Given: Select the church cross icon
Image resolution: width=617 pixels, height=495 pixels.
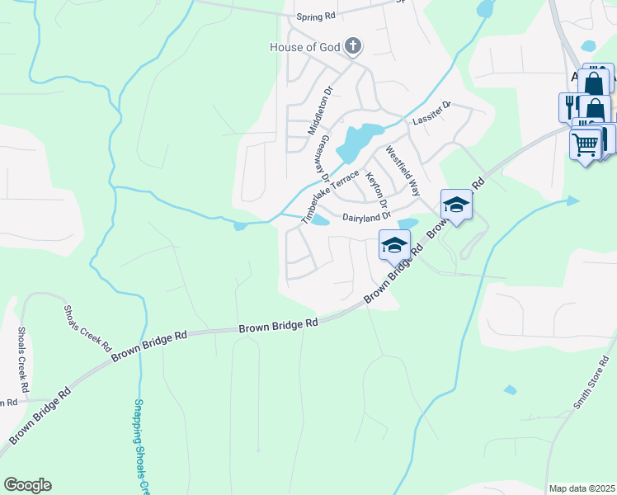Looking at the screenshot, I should (352, 45).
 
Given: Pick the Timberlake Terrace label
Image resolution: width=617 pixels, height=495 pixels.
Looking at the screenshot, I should (330, 197).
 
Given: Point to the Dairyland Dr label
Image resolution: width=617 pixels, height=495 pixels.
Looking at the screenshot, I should (365, 217).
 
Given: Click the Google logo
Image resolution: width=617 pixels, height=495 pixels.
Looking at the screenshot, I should (27, 485).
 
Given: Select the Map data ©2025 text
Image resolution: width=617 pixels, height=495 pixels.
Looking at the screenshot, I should (582, 488).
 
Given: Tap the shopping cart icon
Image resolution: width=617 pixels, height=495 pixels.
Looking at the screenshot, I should (586, 144).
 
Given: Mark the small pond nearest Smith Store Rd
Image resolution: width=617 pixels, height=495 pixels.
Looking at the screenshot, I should (511, 389).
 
